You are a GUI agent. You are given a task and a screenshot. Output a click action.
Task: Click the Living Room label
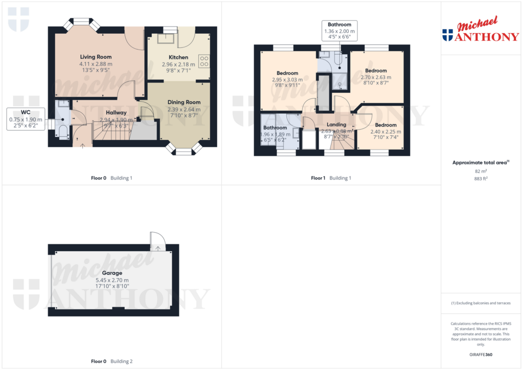pyautogui.click(x=96, y=57)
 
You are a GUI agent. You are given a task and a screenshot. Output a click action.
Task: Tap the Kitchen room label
pyautogui.click(x=178, y=57)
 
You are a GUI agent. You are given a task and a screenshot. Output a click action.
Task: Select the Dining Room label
pyautogui.click(x=184, y=102)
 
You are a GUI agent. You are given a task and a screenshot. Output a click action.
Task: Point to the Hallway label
pyautogui.click(x=116, y=112)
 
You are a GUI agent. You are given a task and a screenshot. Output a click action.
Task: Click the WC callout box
pyautogui.click(x=26, y=119)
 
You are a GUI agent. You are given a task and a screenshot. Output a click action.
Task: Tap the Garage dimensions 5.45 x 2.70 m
pyautogui.click(x=112, y=280)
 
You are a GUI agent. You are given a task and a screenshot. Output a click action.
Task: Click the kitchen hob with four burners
pyautogui.click(x=204, y=61)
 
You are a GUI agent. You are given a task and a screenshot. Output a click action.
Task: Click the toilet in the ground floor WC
pyautogui.click(x=63, y=132)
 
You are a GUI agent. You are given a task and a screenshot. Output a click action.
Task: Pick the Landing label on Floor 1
pyautogui.click(x=337, y=125)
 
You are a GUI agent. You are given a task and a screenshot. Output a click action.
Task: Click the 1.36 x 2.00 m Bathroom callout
pyautogui.click(x=339, y=31)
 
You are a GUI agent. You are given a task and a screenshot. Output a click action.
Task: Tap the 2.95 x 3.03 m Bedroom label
pyautogui.click(x=287, y=73)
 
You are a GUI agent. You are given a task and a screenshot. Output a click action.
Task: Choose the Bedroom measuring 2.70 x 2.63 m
pyautogui.click(x=375, y=70)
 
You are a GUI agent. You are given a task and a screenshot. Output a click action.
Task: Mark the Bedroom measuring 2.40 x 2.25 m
pyautogui.click(x=386, y=125)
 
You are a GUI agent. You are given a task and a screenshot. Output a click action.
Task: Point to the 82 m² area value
pyautogui.click(x=480, y=171)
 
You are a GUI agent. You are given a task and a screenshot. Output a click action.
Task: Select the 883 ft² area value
pyautogui.click(x=480, y=179)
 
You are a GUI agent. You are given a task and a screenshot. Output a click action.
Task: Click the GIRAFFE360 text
pyautogui.click(x=480, y=355)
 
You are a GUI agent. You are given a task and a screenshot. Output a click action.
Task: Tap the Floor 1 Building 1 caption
pyautogui.click(x=331, y=178)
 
